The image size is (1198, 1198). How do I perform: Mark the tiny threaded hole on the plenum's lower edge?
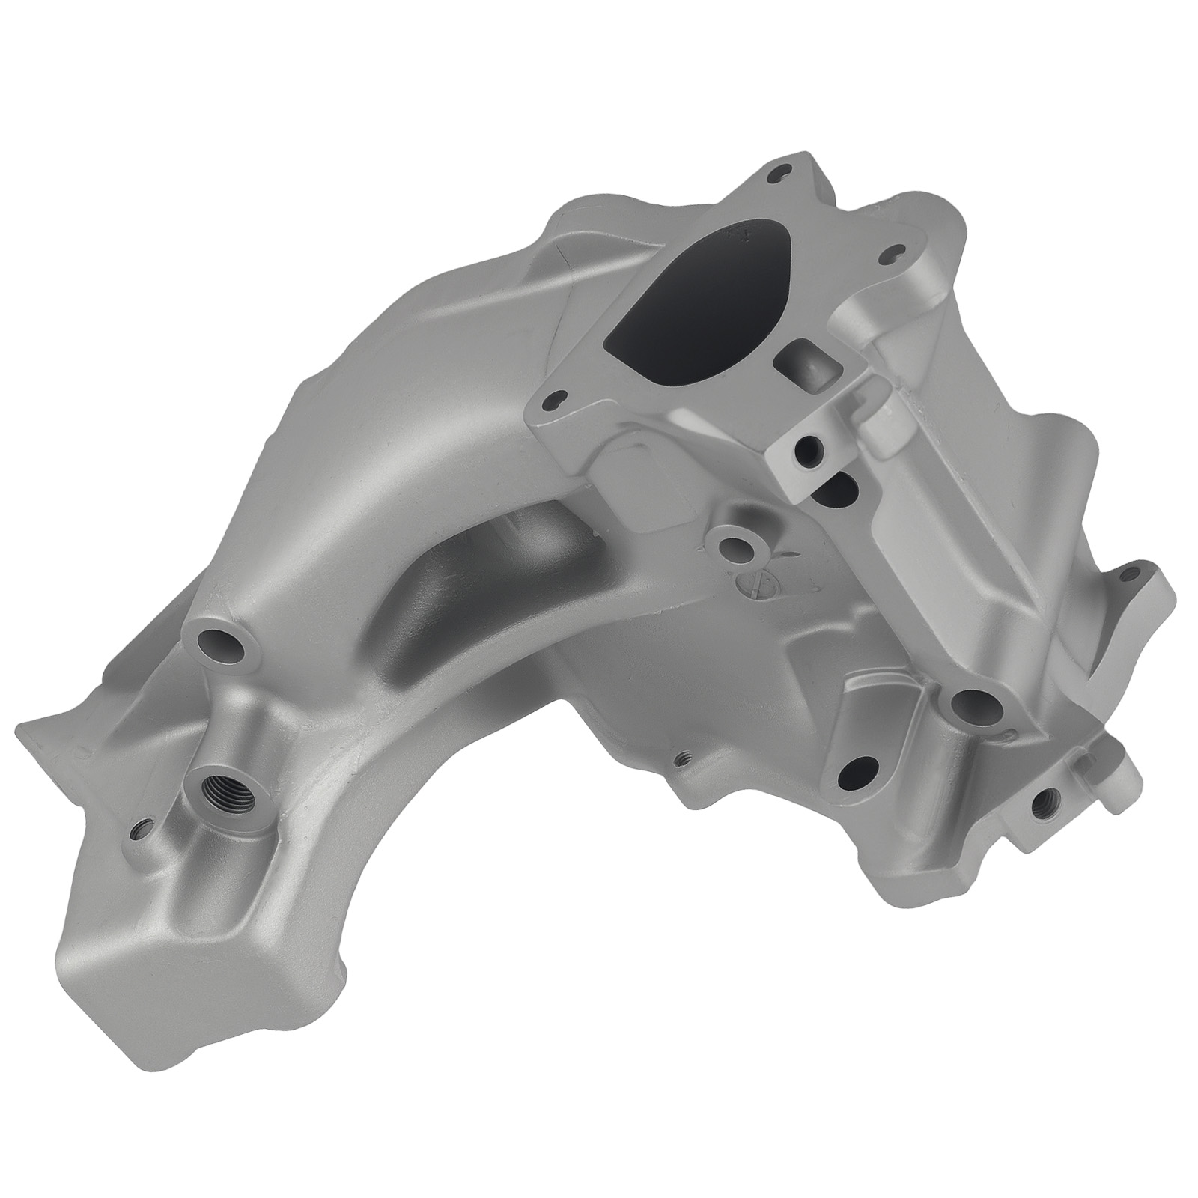click(682, 758)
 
